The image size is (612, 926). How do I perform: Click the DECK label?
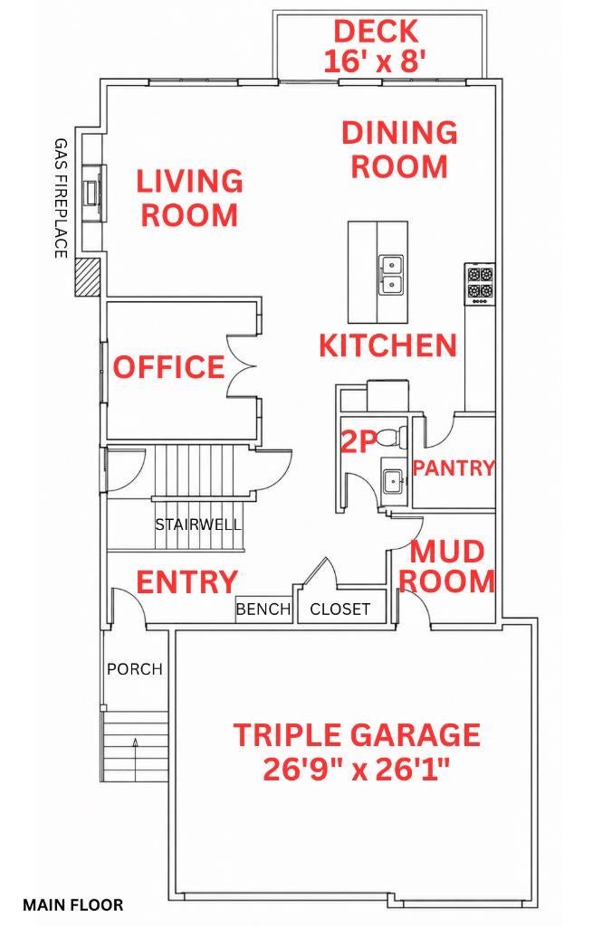[x=376, y=32]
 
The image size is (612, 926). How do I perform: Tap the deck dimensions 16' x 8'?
[x=376, y=61]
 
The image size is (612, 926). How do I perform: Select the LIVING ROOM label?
[x=190, y=198]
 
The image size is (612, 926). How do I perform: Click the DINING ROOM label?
[x=400, y=149]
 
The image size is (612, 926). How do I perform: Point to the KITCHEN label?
[x=387, y=345]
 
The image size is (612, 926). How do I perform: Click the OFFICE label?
[x=169, y=367]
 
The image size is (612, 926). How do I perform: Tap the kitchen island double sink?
[x=391, y=275]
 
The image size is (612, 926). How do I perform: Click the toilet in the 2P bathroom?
[x=392, y=438]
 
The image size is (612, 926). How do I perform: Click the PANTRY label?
[x=454, y=468]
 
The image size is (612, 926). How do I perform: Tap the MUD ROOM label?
[x=447, y=566]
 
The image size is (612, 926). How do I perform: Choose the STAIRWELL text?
[x=198, y=524]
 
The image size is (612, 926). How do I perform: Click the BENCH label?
[x=263, y=609]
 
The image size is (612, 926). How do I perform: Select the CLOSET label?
[x=340, y=609]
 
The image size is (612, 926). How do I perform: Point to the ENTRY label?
[x=186, y=582]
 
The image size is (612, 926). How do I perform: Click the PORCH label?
[x=135, y=669]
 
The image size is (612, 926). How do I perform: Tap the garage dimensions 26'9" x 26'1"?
[x=357, y=769]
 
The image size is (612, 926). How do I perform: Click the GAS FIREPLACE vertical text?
[x=61, y=198]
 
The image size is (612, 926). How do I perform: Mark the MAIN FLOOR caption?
[x=73, y=904]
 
